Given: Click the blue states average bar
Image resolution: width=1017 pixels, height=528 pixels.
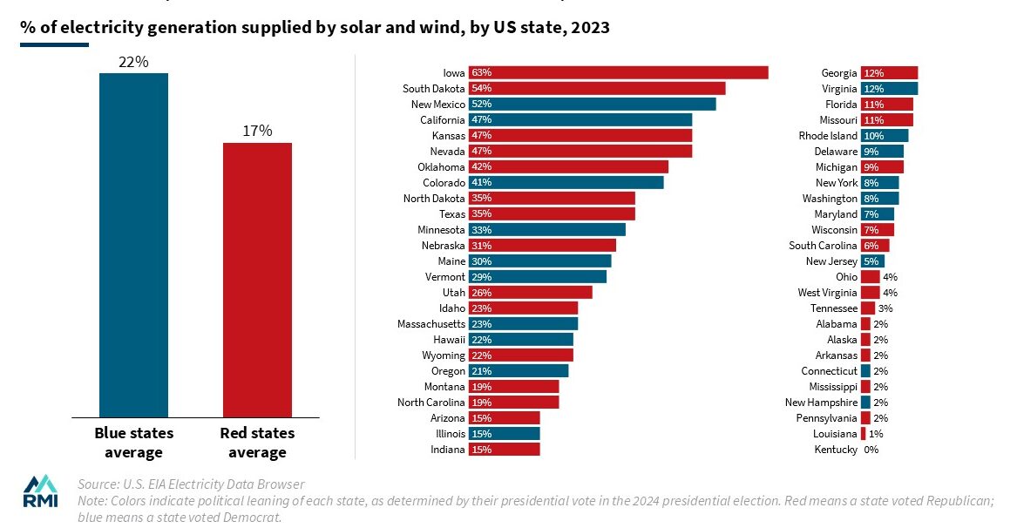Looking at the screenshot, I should coord(133,245).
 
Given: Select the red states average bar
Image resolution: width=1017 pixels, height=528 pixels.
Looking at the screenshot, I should coord(257,280).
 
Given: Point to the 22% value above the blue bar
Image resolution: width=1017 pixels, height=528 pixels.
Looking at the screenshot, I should coord(133,62).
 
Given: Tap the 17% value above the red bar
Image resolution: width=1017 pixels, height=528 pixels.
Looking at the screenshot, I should coord(257,132).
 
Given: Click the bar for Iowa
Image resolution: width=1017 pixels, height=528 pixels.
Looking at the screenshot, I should coord(618,72).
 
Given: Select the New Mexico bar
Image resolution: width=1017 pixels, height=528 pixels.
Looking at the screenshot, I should coord(592,104).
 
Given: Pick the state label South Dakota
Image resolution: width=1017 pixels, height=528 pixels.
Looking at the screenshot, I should coord(433,88).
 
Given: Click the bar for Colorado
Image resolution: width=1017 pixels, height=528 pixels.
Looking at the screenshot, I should coord(566,182).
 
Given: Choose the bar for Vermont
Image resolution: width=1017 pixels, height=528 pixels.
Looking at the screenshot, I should coord(537,276).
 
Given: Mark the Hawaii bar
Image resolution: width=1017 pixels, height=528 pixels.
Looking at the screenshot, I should coord(520,339).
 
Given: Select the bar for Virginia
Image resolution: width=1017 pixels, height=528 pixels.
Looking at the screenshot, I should coord(889,88).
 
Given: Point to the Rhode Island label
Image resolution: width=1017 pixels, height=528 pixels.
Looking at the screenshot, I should coord(828,135).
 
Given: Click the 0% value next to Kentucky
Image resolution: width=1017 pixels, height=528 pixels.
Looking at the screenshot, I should coord(871,450).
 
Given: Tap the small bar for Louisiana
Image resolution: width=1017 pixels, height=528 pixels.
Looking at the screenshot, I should coord(864,434).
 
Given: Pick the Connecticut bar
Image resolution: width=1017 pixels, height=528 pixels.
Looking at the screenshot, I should coord(865,371).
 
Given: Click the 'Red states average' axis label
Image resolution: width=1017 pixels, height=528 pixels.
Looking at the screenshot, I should coord(257,443).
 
